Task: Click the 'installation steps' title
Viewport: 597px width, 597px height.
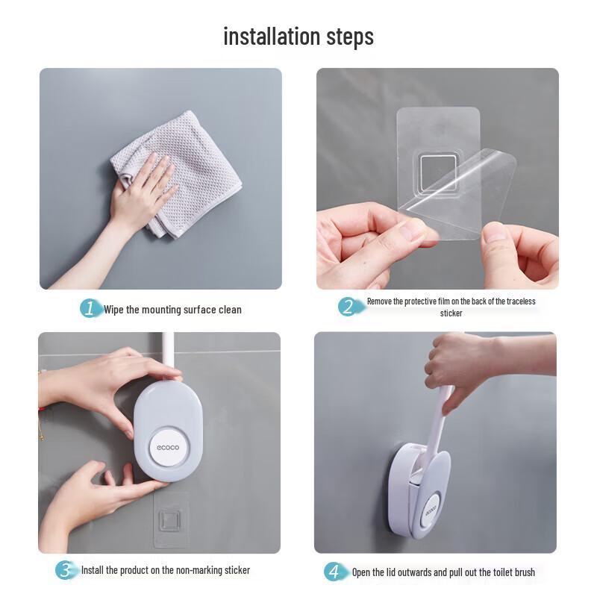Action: pos(298,36)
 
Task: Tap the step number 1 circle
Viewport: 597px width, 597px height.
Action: pos(90,309)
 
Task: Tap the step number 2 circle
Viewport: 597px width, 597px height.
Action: pos(347,307)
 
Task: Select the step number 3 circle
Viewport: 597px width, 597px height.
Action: pos(66,570)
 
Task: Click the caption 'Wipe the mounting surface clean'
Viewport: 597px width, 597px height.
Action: pos(172,310)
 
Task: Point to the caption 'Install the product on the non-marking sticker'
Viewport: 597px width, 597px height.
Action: pos(166,570)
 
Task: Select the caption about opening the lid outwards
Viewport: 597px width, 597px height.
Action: pos(443,572)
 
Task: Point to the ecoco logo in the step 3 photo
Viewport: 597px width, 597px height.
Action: pos(169,447)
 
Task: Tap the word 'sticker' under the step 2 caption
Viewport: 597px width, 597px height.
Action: pos(451,313)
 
